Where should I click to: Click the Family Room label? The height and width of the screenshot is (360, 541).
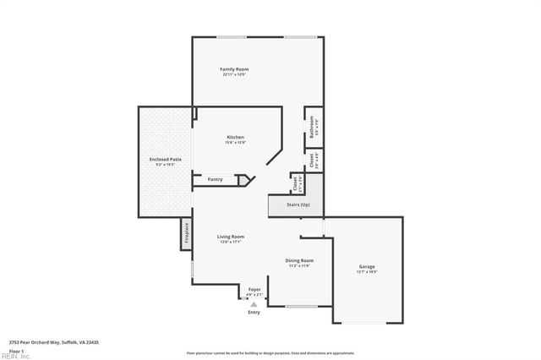click(x=234, y=68)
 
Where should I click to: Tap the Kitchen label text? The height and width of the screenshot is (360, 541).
click(x=235, y=137)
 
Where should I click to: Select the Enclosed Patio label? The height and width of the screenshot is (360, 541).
click(x=165, y=159)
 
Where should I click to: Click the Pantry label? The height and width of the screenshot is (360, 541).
click(x=215, y=179)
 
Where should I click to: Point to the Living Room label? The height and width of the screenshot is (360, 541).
click(x=231, y=237)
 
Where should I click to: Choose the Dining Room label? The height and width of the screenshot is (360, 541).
click(x=299, y=260)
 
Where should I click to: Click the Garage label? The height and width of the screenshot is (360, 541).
click(x=367, y=266)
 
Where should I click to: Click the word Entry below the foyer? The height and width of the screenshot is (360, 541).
click(x=254, y=312)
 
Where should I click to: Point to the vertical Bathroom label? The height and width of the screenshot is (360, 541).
click(x=312, y=128)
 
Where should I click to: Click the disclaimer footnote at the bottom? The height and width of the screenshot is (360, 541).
click(x=270, y=352)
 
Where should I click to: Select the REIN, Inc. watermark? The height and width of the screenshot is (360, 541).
click(x=14, y=356)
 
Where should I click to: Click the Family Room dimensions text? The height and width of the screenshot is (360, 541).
click(x=234, y=74)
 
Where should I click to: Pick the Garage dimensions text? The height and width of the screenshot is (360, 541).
click(x=367, y=272)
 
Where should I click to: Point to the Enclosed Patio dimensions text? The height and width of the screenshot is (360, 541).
click(x=165, y=165)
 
